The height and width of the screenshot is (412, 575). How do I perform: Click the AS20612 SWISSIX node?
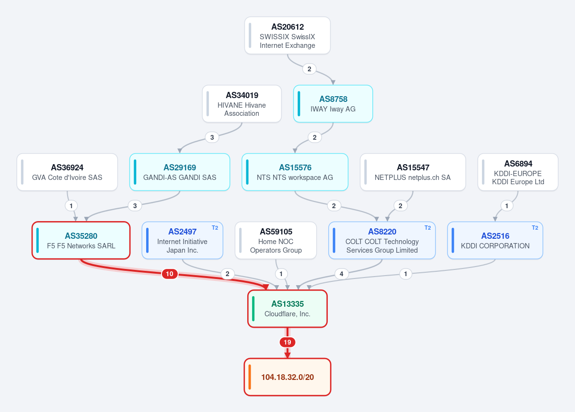point(287,35)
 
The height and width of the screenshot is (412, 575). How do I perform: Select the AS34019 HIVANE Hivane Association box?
point(242,104)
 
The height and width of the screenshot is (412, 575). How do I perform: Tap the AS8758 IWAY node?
point(333,104)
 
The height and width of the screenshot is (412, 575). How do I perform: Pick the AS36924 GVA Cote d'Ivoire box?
point(67,172)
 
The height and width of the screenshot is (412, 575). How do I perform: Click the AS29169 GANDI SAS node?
point(180,172)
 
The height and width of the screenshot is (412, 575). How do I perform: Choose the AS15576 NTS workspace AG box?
point(295,172)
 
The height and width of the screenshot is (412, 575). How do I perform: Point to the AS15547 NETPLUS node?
point(413,172)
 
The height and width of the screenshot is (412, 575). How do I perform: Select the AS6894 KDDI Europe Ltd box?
point(518,172)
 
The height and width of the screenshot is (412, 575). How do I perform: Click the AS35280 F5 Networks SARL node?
point(81,241)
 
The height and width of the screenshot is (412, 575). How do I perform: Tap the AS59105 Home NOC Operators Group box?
point(276,241)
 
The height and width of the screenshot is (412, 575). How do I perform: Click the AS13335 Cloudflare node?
point(287,309)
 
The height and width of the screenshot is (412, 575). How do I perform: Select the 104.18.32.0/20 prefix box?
point(287,377)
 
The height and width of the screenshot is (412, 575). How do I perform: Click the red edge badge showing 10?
point(170,274)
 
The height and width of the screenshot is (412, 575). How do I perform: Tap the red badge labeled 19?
point(287,342)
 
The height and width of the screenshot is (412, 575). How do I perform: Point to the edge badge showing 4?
point(341,274)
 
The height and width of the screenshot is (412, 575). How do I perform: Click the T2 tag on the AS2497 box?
point(215,228)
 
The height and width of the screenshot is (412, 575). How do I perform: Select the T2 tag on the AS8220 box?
point(427,228)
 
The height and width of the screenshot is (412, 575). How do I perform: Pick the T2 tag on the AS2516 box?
point(535,228)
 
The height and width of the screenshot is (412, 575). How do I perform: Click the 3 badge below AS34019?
point(212,137)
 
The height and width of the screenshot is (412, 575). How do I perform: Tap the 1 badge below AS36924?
point(71,206)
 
